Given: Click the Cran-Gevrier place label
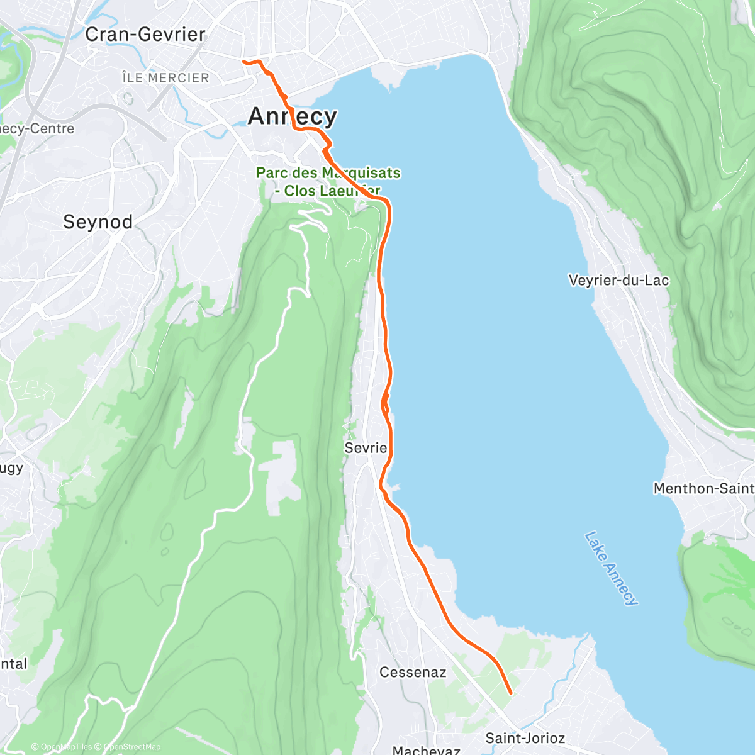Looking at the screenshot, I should [145, 34].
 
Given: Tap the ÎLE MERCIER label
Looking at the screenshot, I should [165, 78].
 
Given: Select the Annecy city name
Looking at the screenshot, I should [293, 116].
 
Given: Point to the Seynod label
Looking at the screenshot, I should [98, 222].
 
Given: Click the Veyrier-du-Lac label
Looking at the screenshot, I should [618, 281].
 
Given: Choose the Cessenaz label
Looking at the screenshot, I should [413, 672].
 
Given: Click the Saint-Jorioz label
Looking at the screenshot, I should [525, 738].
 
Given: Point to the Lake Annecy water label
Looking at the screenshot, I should [610, 569].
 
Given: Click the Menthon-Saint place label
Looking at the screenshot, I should [703, 488].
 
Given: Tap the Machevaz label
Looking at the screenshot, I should [426, 750].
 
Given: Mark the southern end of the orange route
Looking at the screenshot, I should [510, 693].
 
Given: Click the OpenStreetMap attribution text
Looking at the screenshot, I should [132, 747].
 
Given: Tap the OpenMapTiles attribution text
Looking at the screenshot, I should [66, 747].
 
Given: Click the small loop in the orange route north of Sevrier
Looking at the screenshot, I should [385, 403].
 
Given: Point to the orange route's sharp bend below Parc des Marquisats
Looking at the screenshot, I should [386, 201].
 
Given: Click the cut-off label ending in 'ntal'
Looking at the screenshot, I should [14, 664].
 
